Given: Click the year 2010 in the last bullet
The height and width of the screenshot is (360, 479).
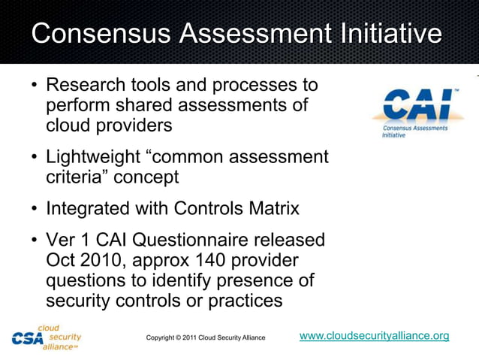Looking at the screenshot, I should (102, 260).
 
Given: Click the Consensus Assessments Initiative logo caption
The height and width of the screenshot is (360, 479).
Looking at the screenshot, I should (414, 132).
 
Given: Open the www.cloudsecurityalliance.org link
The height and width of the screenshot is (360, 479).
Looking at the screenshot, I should (374, 336).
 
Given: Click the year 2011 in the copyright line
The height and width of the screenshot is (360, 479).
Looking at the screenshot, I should (194, 338).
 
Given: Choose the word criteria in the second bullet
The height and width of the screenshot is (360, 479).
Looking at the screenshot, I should (74, 177).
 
